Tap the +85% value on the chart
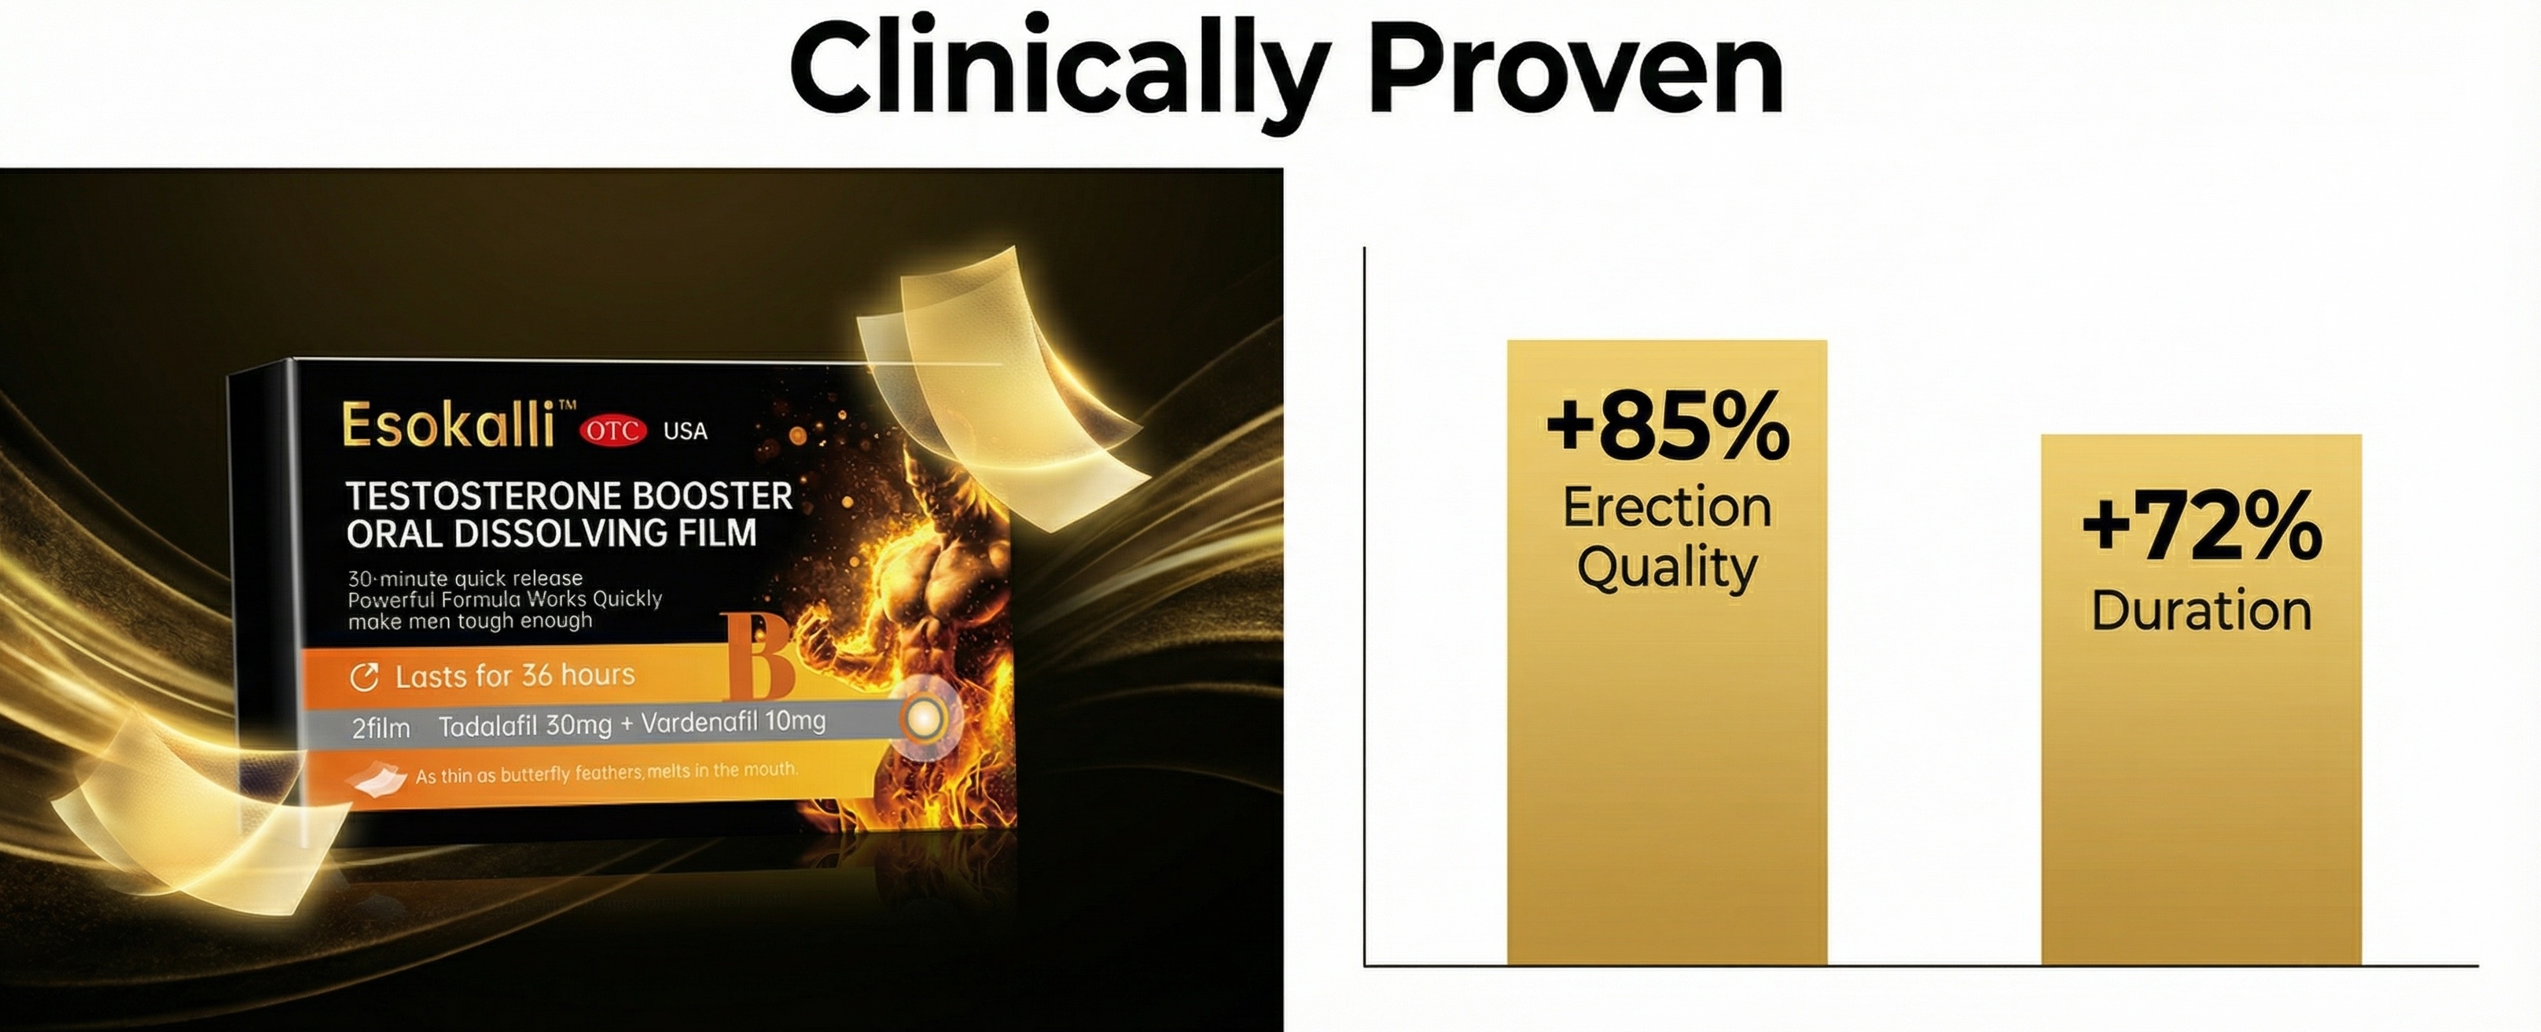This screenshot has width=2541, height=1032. click(x=1666, y=426)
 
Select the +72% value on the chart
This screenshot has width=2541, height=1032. click(x=2201, y=527)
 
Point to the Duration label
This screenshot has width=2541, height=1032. click(x=2201, y=610)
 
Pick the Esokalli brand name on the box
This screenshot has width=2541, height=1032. click(x=449, y=426)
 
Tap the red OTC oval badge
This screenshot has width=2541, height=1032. click(x=613, y=431)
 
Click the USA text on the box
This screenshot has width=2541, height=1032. click(x=686, y=431)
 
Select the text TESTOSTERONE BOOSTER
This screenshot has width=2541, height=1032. click(x=569, y=496)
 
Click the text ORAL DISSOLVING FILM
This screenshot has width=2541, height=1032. click(x=551, y=534)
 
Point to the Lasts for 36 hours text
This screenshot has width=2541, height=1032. click(x=515, y=676)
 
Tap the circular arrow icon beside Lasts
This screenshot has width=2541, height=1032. click(x=365, y=678)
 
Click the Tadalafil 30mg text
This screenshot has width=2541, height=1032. click(x=524, y=726)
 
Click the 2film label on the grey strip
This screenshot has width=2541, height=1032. click(x=381, y=729)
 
